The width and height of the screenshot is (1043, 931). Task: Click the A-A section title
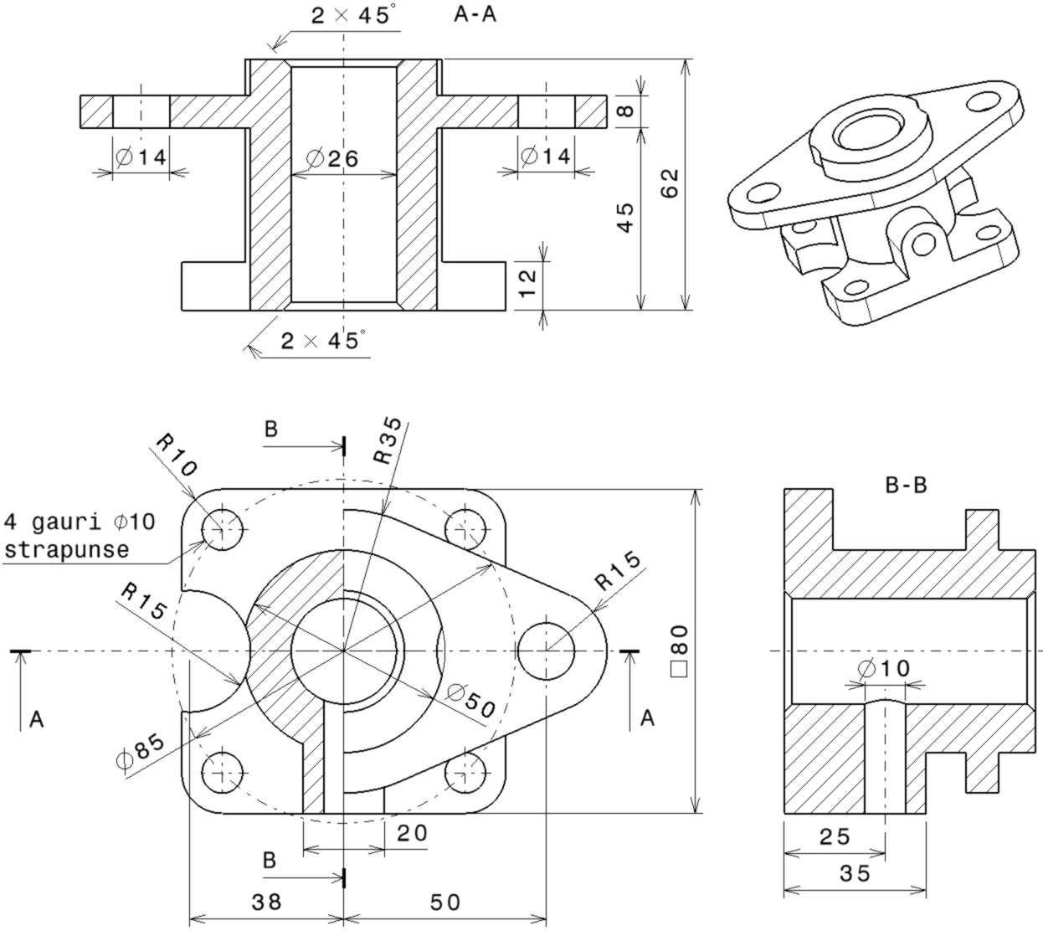pos(475,14)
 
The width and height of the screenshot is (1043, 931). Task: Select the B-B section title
pos(906,485)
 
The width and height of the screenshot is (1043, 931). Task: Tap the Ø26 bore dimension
pos(332,158)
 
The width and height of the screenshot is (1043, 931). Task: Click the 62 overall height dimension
pos(670,183)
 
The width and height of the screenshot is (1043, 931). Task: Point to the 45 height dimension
pos(625,218)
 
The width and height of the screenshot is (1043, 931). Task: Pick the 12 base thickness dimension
pos(527,283)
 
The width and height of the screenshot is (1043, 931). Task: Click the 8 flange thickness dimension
pos(625,111)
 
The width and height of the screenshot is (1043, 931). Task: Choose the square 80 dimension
pos(680,651)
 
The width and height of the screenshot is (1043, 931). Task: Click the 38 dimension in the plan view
pos(267,902)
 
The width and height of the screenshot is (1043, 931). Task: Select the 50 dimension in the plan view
pos(445,903)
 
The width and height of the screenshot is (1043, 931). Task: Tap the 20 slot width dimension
pos(412,833)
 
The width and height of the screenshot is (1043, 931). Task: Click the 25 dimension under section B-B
pos(835,836)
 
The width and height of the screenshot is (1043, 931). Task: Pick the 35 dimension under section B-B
pos(855,873)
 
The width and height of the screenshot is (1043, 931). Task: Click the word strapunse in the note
pos(67,549)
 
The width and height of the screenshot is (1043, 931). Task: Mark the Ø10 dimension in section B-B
pos(885,668)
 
